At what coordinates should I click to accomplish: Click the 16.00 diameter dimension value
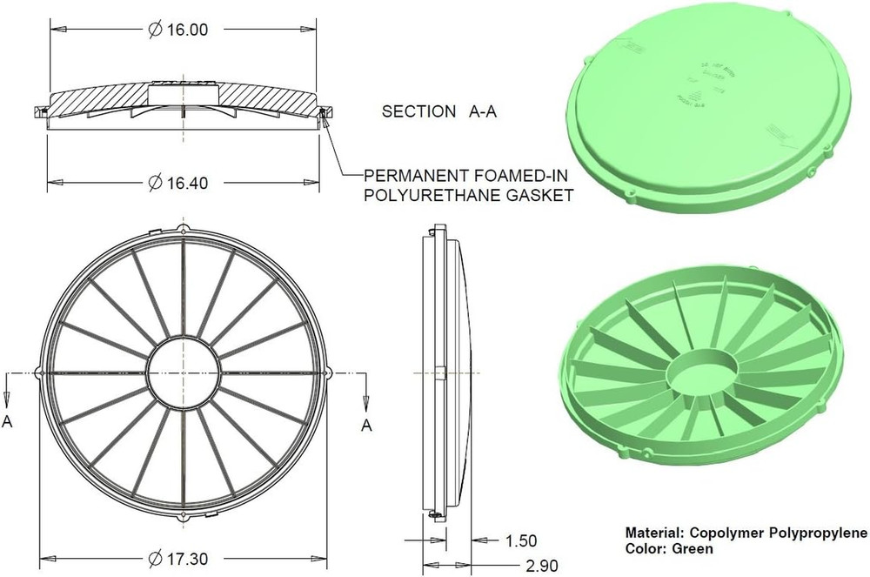186,30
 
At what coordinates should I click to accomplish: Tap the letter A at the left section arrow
8,422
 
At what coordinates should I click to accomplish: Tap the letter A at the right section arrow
367,426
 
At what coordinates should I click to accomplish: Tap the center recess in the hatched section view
185,91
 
